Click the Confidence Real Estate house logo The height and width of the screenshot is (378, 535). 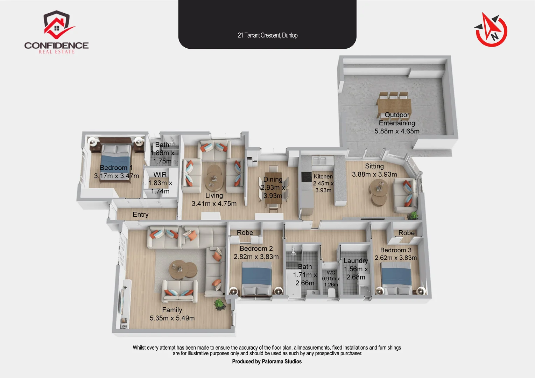coord(57,24)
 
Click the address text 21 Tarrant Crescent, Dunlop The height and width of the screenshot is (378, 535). coord(267,35)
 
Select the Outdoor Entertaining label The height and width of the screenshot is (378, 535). coord(397,119)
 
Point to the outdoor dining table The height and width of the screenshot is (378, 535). coord(394,106)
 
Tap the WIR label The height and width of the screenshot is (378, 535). coord(160,175)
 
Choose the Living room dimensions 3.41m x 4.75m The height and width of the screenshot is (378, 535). coord(214,204)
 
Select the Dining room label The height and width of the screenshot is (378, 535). coord(273,179)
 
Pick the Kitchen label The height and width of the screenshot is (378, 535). coord(323,176)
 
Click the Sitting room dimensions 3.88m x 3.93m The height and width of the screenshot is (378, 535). coord(374,174)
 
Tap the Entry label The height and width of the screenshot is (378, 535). coord(140,215)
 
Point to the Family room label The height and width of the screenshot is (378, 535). coord(172,310)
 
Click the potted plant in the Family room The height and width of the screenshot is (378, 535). coord(219,304)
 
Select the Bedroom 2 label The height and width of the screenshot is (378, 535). coord(256,248)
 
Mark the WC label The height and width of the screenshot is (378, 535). coord(331,273)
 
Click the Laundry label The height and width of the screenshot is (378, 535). coord(356,261)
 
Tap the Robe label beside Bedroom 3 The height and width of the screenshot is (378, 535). coord(406,233)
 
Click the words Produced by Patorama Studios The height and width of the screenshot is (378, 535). coord(267,362)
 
